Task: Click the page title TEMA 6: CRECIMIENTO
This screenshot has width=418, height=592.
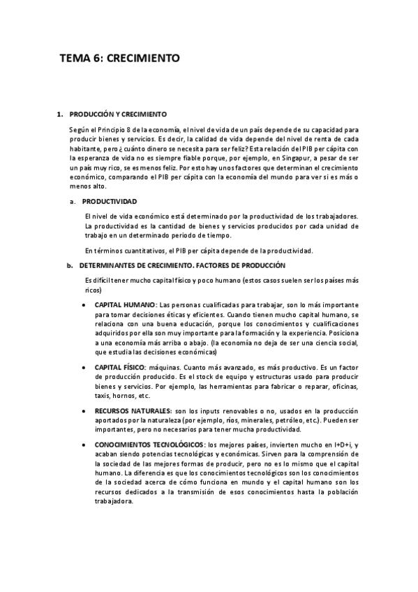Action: pos(119,59)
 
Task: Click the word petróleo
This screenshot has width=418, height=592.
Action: pos(304,420)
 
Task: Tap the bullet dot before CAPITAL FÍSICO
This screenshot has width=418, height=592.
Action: pos(84,367)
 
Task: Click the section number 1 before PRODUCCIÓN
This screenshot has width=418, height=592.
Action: pos(59,113)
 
